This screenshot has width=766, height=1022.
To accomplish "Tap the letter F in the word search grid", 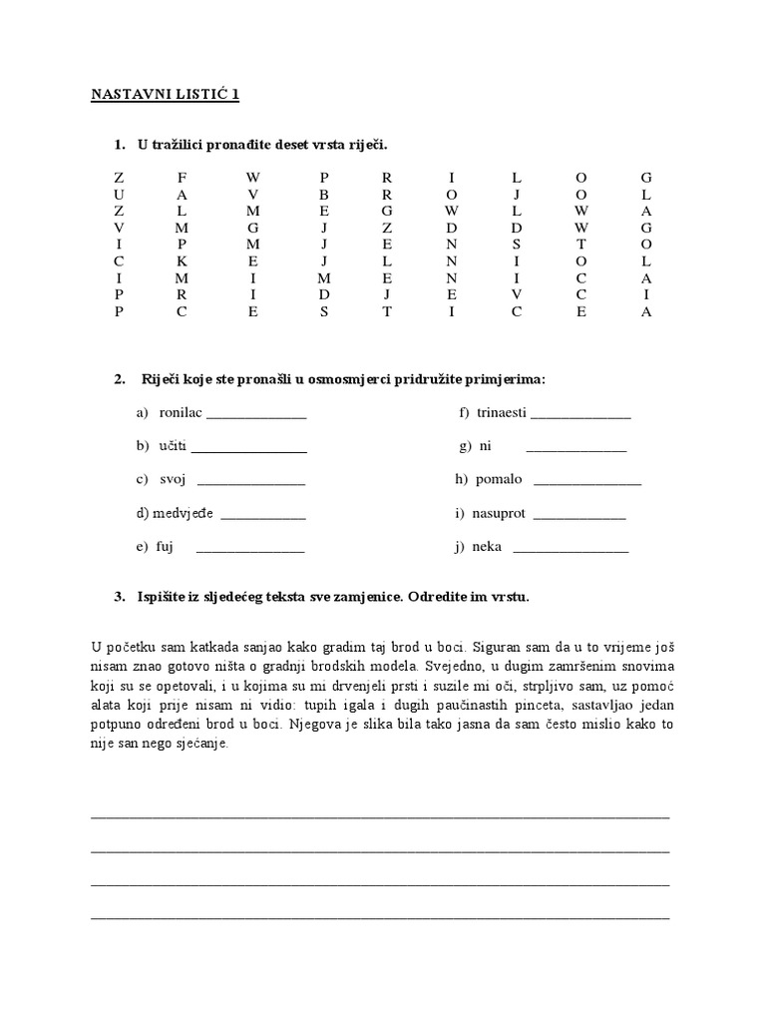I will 182,177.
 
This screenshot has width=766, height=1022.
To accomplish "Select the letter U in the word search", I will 119,194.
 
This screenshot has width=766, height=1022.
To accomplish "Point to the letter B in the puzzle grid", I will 324,194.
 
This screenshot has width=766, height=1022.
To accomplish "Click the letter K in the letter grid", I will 182,260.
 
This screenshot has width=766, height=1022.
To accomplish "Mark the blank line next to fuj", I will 249,549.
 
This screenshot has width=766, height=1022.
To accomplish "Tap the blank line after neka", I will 571,549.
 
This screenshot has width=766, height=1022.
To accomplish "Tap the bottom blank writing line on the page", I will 380,917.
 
